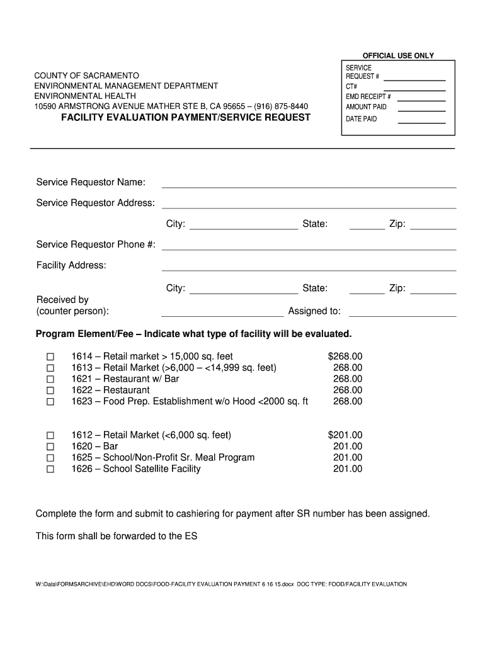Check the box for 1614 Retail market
click(x=50, y=357)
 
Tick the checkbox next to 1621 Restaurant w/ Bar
click(x=50, y=379)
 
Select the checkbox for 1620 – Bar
click(x=50, y=447)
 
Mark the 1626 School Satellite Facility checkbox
click(x=50, y=469)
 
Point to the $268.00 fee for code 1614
click(x=345, y=357)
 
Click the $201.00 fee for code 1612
click(x=345, y=435)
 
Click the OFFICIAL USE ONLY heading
click(x=397, y=55)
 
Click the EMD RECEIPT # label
click(x=368, y=97)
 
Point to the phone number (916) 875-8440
click(x=281, y=106)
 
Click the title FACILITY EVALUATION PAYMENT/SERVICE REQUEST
click(x=185, y=118)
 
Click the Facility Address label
click(x=71, y=266)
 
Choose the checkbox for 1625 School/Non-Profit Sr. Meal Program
click(x=50, y=458)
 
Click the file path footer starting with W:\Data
click(x=220, y=584)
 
